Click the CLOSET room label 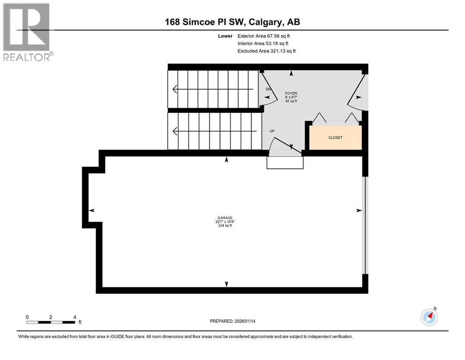[x=335, y=137]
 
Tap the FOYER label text [x=291, y=94]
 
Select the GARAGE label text [x=225, y=218]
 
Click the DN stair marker [x=268, y=89]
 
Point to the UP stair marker [x=272, y=131]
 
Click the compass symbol [x=429, y=317]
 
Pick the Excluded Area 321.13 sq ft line [x=267, y=51]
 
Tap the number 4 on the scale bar [x=74, y=317]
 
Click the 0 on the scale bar [x=28, y=317]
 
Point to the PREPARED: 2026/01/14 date [x=234, y=321]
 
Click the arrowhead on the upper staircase [x=175, y=89]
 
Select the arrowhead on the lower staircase [x=175, y=131]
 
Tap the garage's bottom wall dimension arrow [x=227, y=284]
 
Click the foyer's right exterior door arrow [x=358, y=97]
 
